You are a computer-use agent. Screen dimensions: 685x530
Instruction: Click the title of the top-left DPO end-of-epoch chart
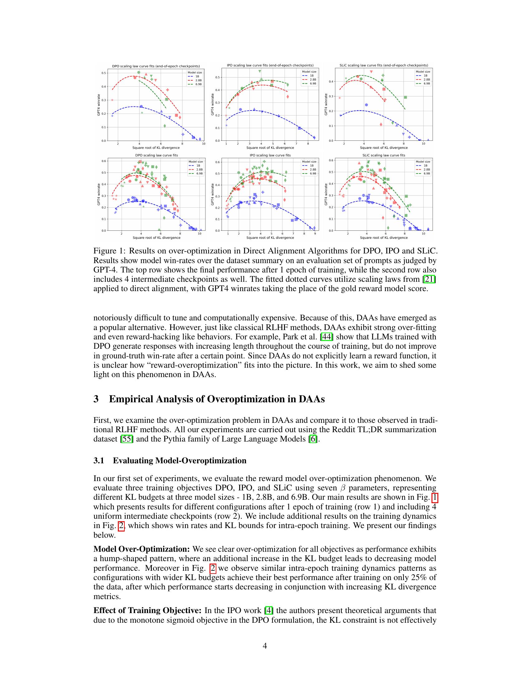(156, 66)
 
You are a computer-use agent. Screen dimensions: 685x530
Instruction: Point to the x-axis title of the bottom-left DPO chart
(157, 238)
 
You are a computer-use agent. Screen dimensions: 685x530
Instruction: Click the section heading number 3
(96, 399)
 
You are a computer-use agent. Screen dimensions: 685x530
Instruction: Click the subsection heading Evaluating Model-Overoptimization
(180, 461)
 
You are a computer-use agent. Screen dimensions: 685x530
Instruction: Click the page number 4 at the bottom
(265, 646)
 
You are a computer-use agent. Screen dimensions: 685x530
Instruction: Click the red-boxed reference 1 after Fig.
(435, 497)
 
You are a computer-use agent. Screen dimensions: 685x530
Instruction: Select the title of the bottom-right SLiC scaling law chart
(384, 155)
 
